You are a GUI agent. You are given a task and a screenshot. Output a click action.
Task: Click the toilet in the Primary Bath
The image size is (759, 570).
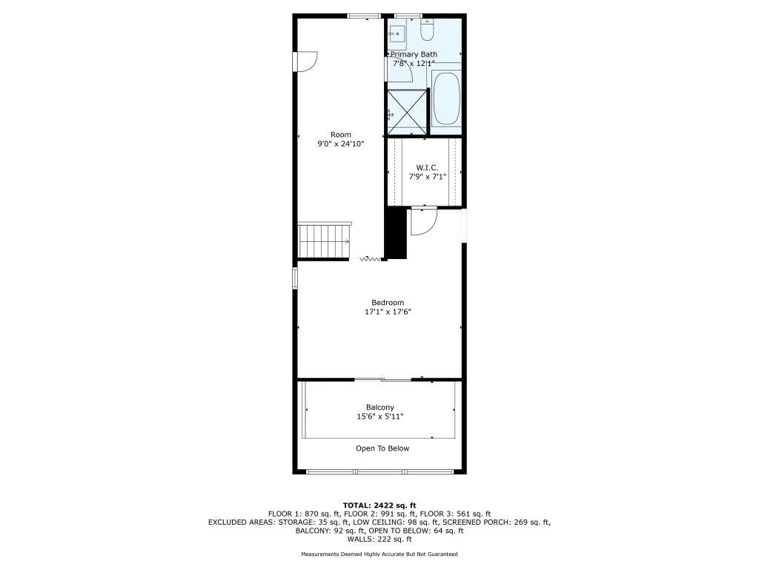[x=427, y=30]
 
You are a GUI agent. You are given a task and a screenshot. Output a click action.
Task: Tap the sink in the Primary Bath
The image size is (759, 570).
[x=398, y=33]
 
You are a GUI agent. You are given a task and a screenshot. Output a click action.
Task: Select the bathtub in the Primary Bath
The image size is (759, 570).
[x=446, y=99]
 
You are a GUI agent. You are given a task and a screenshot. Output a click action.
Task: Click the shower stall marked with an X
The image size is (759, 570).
[x=408, y=112]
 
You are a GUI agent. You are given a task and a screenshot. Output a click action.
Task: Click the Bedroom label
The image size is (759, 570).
[x=388, y=303]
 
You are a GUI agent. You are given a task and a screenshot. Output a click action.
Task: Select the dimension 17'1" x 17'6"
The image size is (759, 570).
[x=388, y=312]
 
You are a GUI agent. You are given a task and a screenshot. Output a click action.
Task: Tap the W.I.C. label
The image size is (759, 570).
[x=428, y=168]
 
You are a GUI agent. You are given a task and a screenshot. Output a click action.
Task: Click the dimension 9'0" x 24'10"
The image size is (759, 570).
[x=341, y=143]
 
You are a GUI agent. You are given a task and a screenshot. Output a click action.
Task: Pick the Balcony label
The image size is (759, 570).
[x=380, y=407]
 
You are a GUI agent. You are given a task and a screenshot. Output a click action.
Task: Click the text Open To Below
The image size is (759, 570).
[x=382, y=448]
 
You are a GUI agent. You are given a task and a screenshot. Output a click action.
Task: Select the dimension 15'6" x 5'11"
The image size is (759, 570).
[x=380, y=416]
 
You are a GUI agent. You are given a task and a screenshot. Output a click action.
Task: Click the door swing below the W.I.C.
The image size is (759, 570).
[x=424, y=221]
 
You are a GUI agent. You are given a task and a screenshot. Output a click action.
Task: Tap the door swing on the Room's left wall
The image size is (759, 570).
[x=306, y=62]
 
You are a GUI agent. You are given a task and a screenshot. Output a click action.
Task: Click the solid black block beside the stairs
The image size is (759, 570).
[x=396, y=233]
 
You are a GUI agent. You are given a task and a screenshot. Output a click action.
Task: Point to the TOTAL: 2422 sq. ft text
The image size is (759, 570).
[x=379, y=505]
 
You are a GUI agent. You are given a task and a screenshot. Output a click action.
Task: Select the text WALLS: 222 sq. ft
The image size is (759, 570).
[x=379, y=539]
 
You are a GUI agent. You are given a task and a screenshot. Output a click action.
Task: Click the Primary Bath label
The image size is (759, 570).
[x=414, y=54]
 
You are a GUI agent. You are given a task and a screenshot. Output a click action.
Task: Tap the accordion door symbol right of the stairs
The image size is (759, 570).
[x=371, y=259]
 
